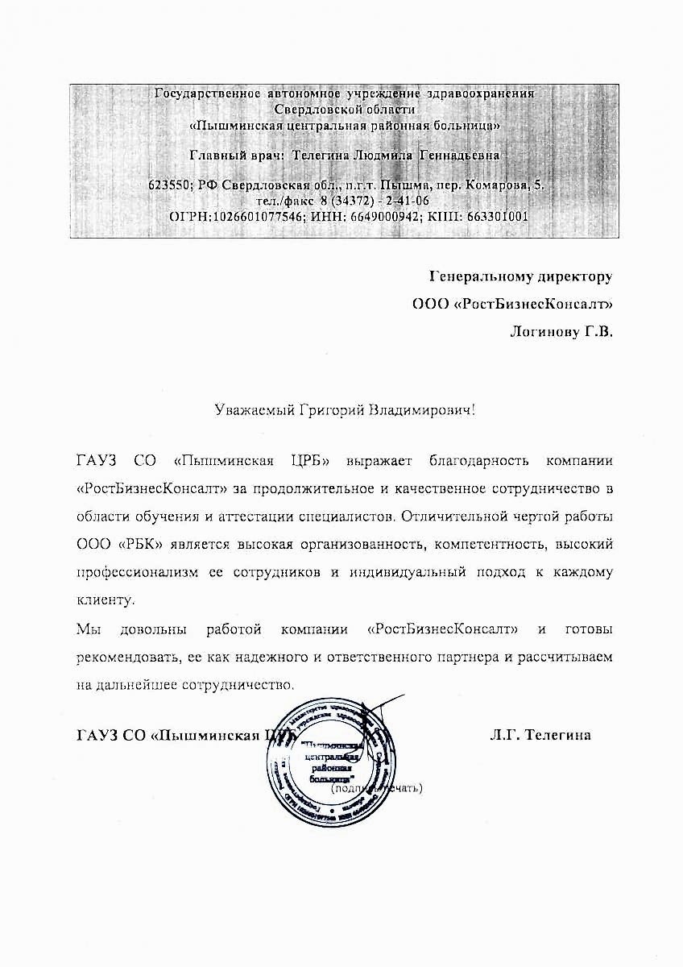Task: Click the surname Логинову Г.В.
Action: pyautogui.click(x=561, y=331)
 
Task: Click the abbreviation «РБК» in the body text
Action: pyautogui.click(x=142, y=544)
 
